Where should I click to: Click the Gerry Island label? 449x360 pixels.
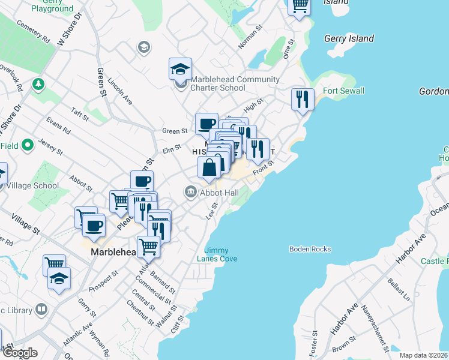coord(349,38)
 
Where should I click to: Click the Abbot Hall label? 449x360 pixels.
coord(220,193)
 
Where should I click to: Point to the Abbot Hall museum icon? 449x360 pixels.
coord(191,192)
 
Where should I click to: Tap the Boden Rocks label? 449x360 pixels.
coord(310,249)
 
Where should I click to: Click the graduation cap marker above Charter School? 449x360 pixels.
coord(180,69)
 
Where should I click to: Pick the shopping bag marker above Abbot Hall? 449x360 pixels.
coord(209,167)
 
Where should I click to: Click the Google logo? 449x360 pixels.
coord(19,353)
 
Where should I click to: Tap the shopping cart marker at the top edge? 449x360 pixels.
coord(300,6)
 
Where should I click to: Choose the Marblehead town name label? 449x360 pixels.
coord(115,253)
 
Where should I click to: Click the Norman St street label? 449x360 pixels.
coord(251,35)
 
